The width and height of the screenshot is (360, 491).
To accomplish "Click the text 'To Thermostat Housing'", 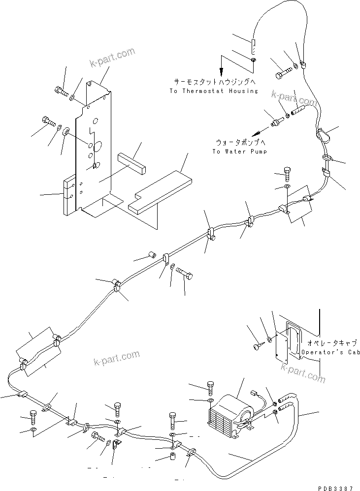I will (x=213, y=91).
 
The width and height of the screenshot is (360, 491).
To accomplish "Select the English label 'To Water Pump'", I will (x=239, y=152).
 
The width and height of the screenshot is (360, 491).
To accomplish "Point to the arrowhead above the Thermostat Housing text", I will (x=221, y=70).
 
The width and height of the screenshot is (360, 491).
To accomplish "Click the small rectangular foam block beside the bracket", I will (x=132, y=162).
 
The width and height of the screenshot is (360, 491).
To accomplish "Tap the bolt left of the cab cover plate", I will (x=258, y=346).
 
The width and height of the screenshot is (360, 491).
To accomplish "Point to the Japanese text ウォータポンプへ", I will (x=239, y=142).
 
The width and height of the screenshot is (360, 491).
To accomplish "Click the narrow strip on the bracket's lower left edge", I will (x=68, y=195).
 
